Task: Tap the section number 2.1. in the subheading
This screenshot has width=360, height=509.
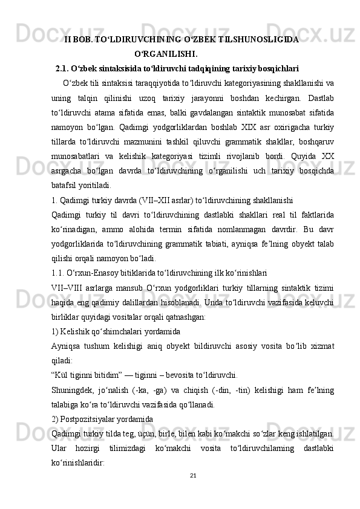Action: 65,68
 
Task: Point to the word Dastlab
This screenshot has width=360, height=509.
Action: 321,97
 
